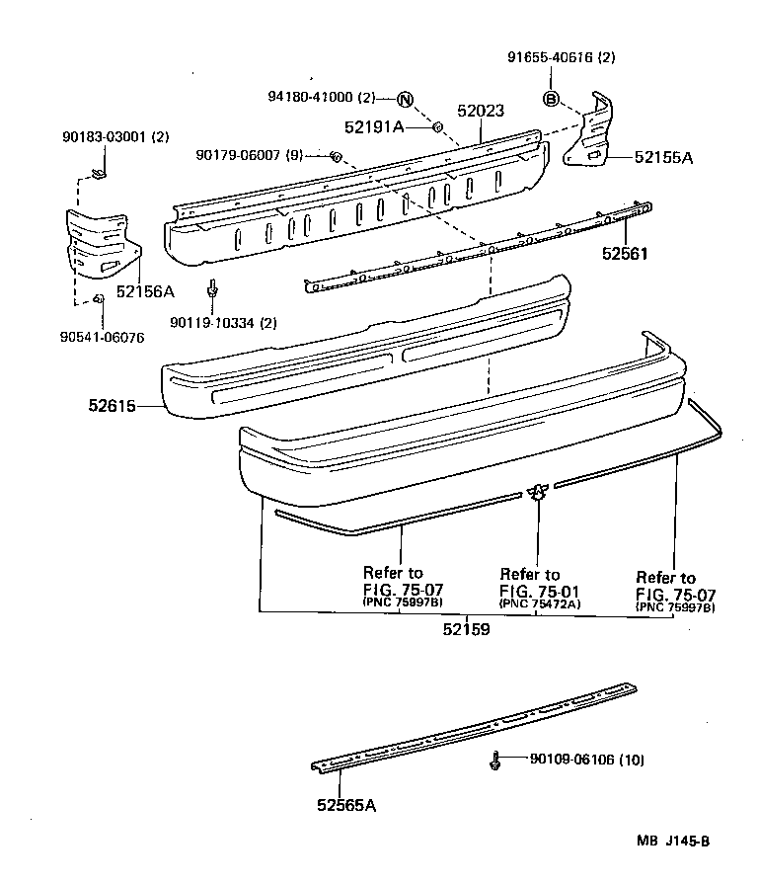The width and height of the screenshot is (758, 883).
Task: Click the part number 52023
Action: pos(480,112)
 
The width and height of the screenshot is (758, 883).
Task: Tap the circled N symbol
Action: pos(405,98)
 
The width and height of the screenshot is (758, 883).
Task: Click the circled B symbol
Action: pos(551,98)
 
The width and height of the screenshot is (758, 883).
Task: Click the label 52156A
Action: pos(144,291)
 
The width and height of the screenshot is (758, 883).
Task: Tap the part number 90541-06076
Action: pos(101,337)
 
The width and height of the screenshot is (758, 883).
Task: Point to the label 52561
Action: pos(625,253)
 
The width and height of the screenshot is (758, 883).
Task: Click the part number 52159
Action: pos(468,627)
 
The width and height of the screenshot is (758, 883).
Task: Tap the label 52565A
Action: pos(346,805)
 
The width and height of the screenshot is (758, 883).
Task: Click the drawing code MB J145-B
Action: pos(673,842)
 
